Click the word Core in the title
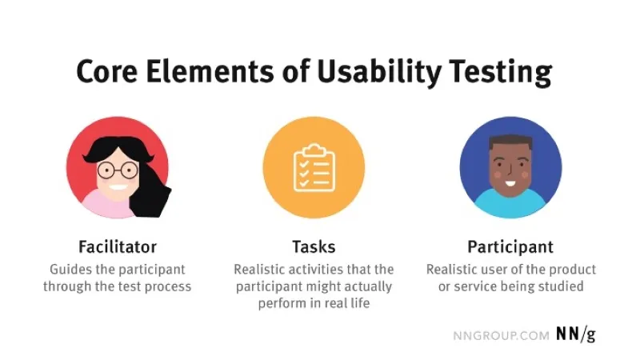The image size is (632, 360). (106, 71)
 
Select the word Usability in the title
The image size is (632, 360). (378, 73)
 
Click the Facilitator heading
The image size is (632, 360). (118, 246)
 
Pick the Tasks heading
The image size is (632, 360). (314, 246)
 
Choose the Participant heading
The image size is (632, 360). (510, 247)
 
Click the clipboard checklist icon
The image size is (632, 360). (314, 167)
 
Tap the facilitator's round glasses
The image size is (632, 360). (118, 170)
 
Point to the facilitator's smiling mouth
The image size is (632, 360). (118, 187)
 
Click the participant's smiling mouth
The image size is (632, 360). (510, 184)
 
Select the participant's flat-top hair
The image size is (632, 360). (510, 143)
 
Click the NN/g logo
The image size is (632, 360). (575, 334)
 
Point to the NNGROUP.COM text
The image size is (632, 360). (501, 336)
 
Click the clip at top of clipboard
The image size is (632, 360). (314, 150)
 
